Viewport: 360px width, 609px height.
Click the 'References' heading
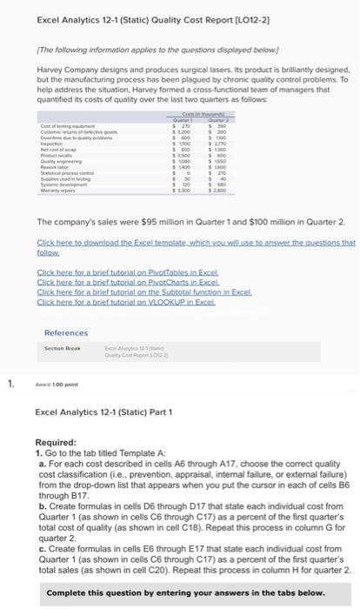tap(66, 333)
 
